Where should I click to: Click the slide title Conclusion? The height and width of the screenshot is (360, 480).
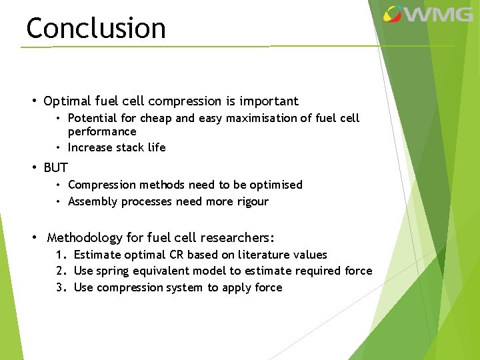[95, 28]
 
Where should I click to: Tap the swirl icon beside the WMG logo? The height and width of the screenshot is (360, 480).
[393, 14]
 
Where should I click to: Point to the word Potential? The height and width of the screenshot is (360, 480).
[92, 118]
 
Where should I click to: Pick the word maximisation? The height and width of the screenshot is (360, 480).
[234, 118]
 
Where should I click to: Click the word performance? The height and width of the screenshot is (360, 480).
[102, 131]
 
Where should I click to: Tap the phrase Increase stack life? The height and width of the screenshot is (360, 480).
[117, 147]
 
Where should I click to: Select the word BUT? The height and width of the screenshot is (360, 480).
[56, 167]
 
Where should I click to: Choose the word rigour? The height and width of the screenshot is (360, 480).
[251, 201]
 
